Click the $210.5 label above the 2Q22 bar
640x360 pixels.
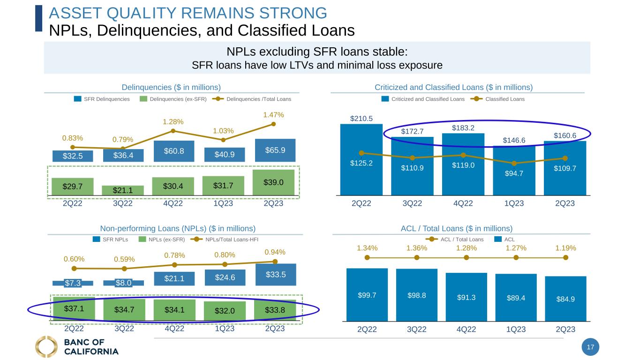point(361,119)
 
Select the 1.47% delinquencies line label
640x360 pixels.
point(273,114)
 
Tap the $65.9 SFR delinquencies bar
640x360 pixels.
point(275,150)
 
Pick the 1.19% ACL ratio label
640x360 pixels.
point(566,248)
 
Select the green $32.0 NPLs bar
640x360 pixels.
point(224,310)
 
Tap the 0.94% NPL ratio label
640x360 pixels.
point(275,252)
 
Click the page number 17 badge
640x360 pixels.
point(590,347)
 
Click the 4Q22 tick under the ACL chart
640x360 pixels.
point(467,330)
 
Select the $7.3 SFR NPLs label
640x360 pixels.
point(73,283)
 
